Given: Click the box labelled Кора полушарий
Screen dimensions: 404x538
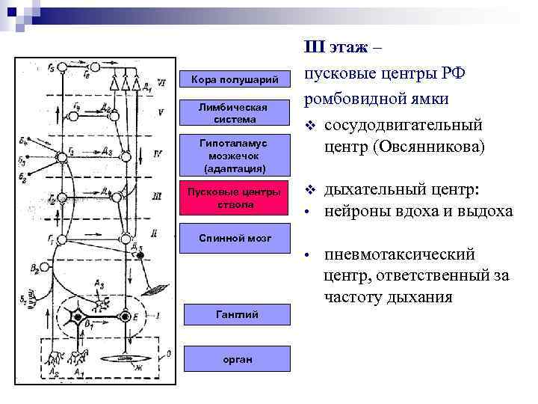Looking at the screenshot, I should tap(234, 79).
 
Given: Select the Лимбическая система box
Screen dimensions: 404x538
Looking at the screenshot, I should tap(234, 114).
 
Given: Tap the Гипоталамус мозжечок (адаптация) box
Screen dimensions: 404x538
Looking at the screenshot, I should tap(234, 155).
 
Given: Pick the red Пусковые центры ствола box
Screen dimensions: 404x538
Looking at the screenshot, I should tap(234, 198).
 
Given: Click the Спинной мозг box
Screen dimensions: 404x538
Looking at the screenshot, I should tap(234, 238).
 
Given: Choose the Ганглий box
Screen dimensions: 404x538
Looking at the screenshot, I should tap(234, 314).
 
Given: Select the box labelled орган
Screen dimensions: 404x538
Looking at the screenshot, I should tap(234, 359).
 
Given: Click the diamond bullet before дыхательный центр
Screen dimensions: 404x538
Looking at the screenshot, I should tap(309, 189).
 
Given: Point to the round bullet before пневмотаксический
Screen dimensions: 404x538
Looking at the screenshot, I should tap(309, 256).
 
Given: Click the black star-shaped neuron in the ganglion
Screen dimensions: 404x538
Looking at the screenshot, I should tap(77, 317).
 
